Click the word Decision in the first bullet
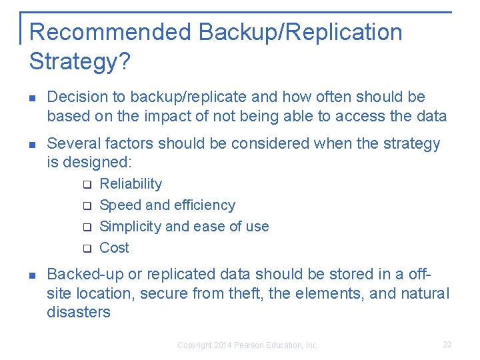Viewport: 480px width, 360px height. click(x=73, y=97)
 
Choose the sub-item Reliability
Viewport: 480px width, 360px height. click(x=131, y=184)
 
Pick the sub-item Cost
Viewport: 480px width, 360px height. click(x=114, y=248)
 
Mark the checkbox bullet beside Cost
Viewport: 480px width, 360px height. click(x=86, y=249)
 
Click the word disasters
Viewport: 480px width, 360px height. click(x=79, y=312)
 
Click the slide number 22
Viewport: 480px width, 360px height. click(x=447, y=345)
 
